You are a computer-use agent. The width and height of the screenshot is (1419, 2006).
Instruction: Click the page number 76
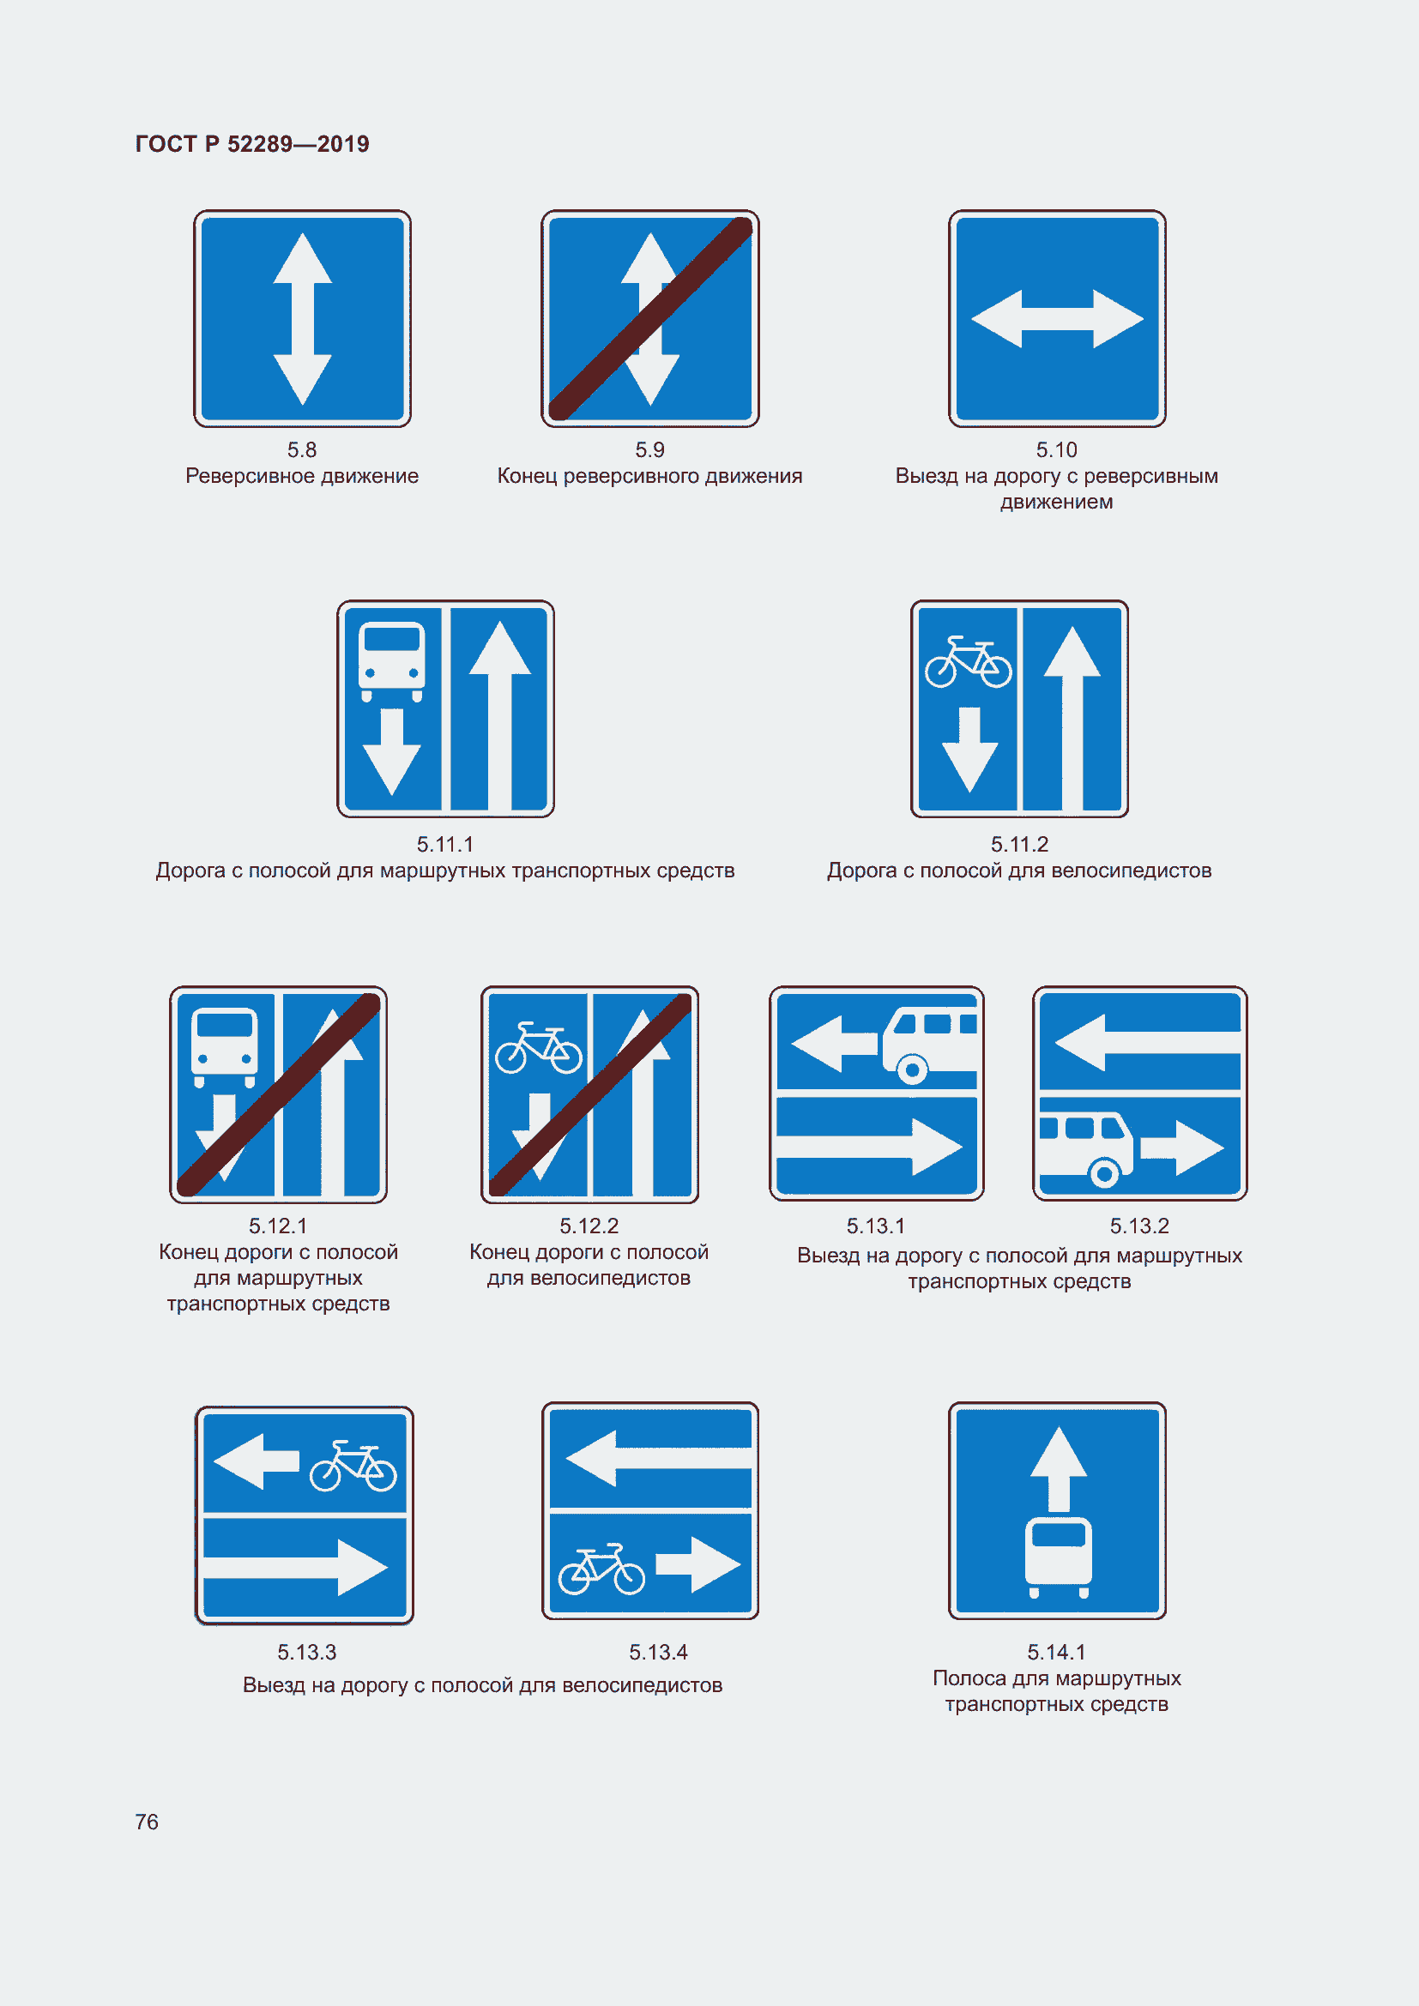[147, 1821]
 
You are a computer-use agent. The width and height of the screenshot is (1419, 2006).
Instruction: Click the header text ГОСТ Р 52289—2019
[251, 144]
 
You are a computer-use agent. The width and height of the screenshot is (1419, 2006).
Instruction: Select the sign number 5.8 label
[302, 449]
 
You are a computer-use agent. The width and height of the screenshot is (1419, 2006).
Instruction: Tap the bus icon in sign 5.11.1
[391, 661]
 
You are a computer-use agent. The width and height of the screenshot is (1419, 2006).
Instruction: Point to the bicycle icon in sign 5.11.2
[968, 661]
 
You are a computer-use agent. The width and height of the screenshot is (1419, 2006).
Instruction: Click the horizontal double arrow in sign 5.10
[1057, 319]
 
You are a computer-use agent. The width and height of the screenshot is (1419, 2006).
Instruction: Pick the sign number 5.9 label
[650, 449]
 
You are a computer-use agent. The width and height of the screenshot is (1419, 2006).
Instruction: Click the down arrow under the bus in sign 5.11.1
[391, 751]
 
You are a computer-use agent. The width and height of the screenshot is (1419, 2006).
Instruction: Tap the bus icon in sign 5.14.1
[1058, 1557]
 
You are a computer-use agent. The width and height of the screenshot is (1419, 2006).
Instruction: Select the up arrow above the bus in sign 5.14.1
[1058, 1470]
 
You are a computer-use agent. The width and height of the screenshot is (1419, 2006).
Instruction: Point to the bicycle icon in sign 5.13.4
[602, 1569]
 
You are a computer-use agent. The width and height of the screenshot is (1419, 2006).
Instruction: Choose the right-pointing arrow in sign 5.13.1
[870, 1147]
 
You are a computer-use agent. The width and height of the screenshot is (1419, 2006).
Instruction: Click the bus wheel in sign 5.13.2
[1104, 1172]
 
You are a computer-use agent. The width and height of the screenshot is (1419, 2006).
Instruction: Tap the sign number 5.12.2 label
[589, 1226]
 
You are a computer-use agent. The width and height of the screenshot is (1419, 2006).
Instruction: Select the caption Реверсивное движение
[302, 475]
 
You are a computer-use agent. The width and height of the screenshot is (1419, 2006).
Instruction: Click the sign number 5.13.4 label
[659, 1652]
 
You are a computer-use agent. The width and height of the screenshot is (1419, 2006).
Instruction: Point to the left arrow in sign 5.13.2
[1147, 1042]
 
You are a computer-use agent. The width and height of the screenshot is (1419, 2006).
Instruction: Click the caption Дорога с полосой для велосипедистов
[1020, 870]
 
